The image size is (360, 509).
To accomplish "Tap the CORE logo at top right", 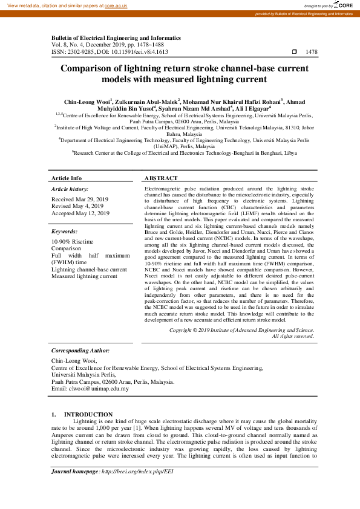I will tap(345, 5).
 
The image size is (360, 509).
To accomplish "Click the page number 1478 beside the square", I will tap(312, 52).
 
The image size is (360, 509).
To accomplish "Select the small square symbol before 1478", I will tap(295, 52).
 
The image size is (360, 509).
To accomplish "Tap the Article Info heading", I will tap(67, 178).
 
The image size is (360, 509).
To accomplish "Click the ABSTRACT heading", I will tap(161, 178).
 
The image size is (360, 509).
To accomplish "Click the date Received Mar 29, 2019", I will tap(80, 199).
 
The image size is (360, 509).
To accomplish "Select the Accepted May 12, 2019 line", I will tap(80, 213).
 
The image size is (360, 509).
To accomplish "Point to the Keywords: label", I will tap(64, 231).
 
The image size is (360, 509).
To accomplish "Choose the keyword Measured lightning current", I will tap(84, 276).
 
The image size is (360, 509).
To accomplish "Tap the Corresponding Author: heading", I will tap(80, 350).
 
